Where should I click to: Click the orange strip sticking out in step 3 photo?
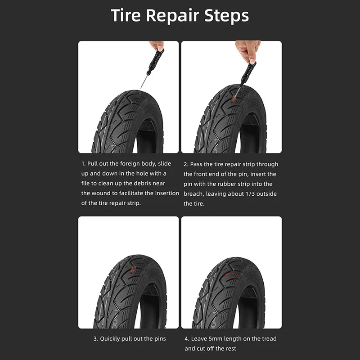132,270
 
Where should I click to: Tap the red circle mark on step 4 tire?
233,275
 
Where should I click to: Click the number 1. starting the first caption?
84,164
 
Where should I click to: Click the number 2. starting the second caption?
186,164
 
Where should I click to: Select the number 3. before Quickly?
95,338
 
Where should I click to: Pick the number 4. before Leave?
186,338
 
